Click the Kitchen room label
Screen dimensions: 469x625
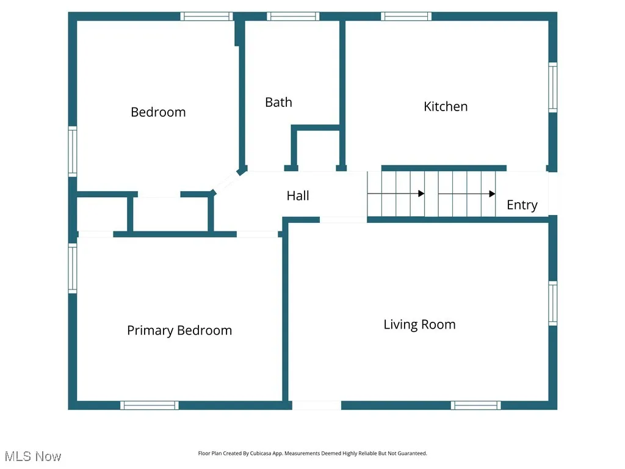point(446,106)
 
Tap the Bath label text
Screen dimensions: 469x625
point(278,103)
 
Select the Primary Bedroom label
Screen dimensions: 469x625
point(179,330)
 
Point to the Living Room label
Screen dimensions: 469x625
point(419,324)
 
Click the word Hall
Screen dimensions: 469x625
point(298,195)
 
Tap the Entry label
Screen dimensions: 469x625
point(522,205)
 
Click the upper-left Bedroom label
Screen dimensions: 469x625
point(158,112)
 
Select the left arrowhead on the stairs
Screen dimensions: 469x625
point(421,194)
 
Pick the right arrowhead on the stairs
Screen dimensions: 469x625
point(491,194)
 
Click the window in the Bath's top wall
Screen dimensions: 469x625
point(293,16)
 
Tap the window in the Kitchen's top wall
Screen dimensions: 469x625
point(406,16)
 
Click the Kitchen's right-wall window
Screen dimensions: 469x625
point(552,87)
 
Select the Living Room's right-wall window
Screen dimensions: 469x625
point(552,303)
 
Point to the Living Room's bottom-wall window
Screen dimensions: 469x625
point(476,405)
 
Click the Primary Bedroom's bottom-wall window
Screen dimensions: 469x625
point(150,405)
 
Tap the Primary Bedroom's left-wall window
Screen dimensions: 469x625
point(73,268)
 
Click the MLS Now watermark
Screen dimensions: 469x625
point(33,456)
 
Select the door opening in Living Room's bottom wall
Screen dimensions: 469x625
point(316,405)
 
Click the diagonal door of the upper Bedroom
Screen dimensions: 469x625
point(226,182)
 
